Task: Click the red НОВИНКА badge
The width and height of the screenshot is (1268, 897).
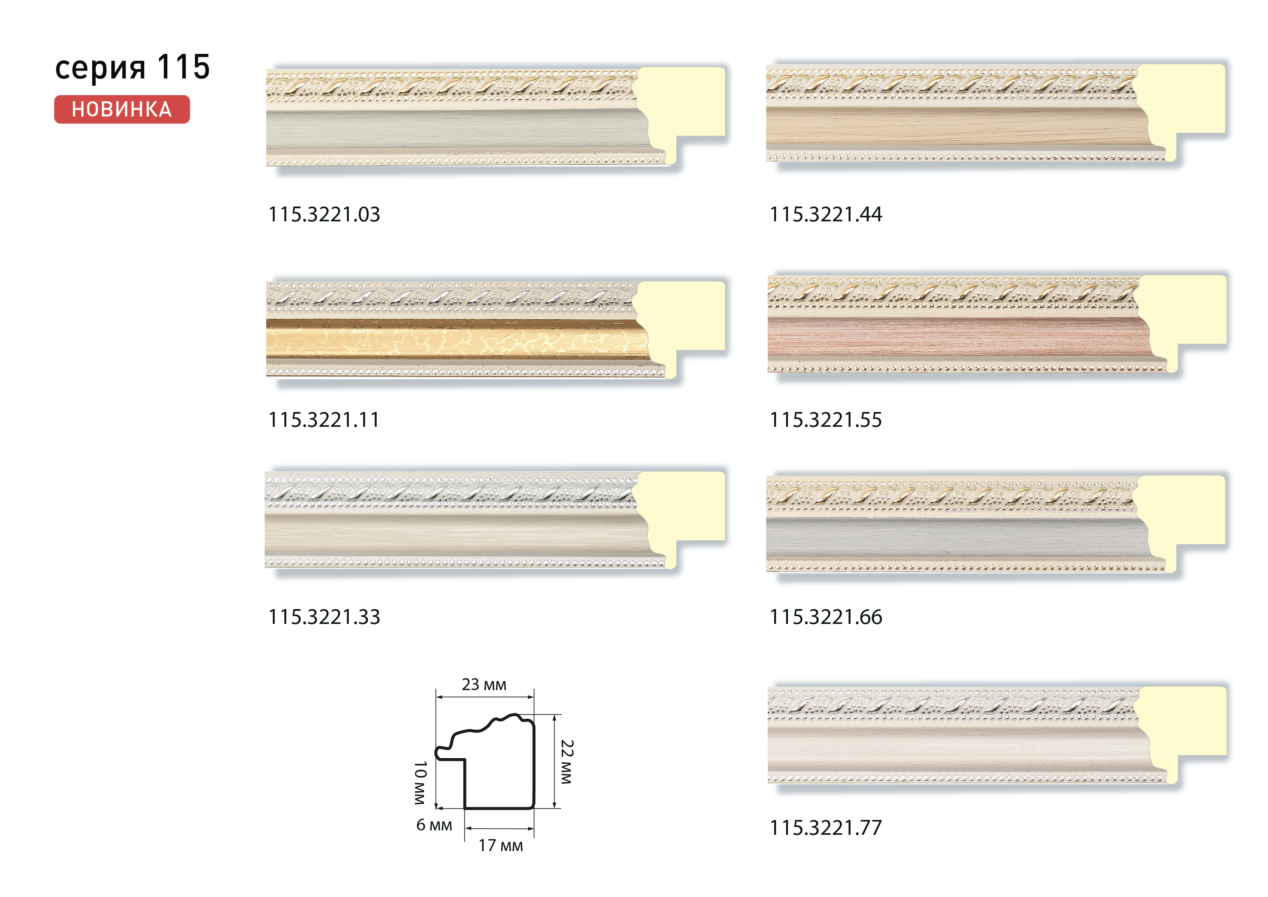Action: click(122, 110)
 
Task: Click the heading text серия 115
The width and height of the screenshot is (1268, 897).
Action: click(133, 67)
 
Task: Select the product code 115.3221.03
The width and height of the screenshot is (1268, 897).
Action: click(324, 214)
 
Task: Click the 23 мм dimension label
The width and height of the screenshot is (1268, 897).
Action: click(484, 685)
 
